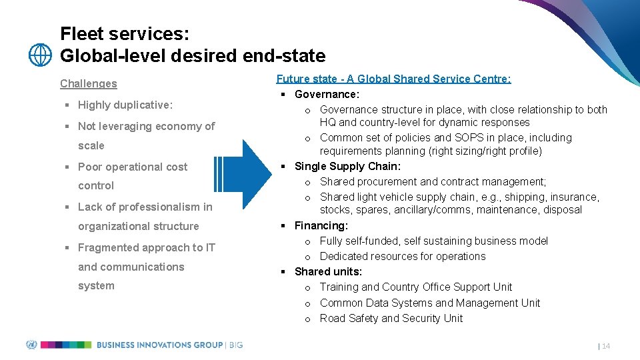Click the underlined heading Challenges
pos(88,83)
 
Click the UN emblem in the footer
pos(31,345)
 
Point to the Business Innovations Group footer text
pos(160,345)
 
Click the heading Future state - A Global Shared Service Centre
pos(393,79)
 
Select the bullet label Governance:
pos(327,94)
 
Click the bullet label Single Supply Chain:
pos(347,166)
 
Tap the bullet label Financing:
pos(321,226)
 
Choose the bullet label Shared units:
pos(328,271)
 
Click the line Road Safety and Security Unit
pos(391,318)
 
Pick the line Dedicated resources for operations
pos(402,256)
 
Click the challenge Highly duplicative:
pos(125,105)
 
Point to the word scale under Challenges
pos(91,145)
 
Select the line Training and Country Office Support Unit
pos(415,287)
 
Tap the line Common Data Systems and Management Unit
pos(429,303)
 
